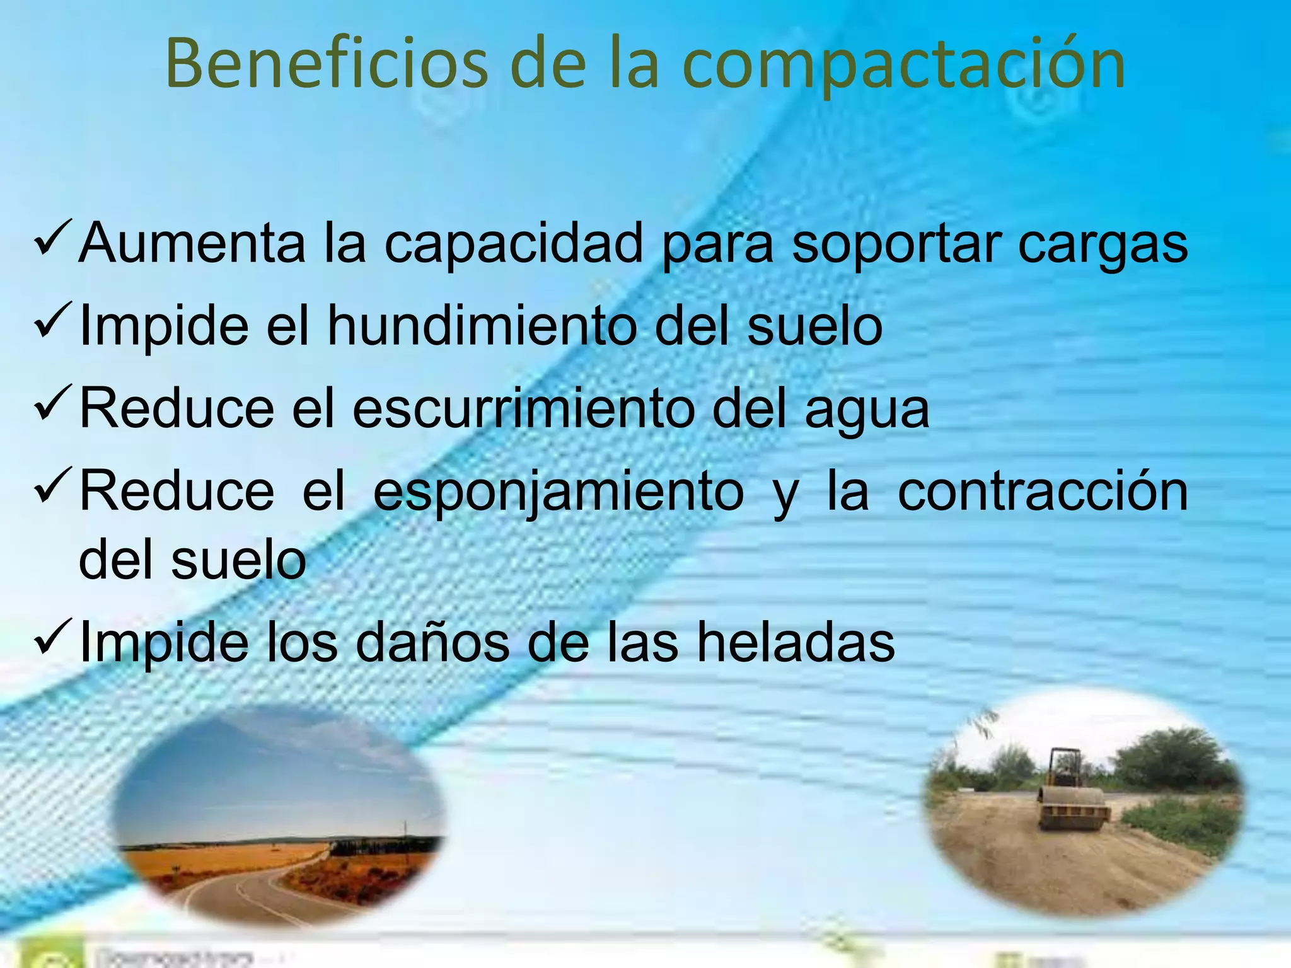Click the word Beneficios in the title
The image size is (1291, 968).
pos(327,64)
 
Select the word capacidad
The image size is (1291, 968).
pos(513,245)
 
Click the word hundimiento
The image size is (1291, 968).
pos(482,326)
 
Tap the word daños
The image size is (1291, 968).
pos(432,643)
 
